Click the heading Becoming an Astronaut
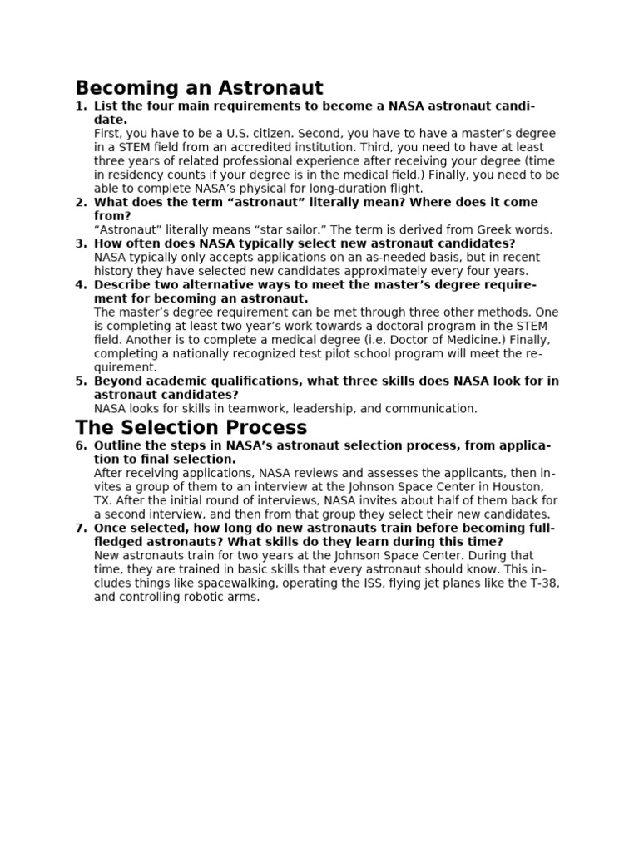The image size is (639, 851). click(x=199, y=87)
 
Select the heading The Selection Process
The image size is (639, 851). click(x=191, y=428)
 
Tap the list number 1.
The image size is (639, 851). click(x=81, y=106)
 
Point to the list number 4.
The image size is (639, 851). click(x=81, y=285)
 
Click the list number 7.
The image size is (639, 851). click(x=81, y=529)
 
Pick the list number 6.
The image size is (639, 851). click(x=81, y=446)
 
